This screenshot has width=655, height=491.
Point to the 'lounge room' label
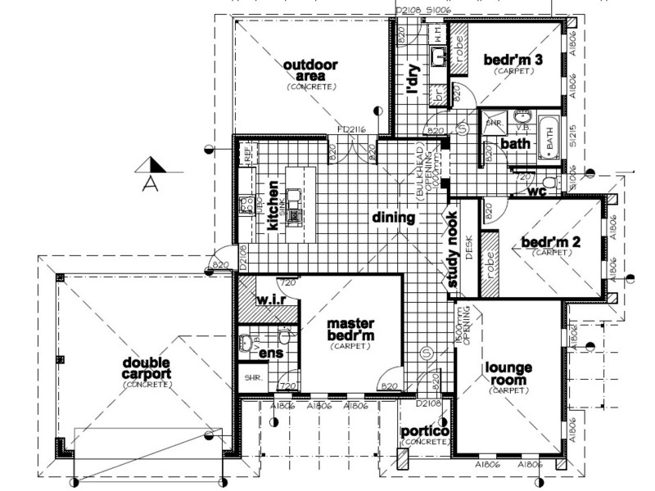509,374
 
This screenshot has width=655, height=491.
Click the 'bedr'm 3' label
513,60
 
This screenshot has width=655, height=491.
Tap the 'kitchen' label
273,209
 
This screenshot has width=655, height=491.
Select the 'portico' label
424,431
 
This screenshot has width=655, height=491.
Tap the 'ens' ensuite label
270,354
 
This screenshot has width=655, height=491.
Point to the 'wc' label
537,192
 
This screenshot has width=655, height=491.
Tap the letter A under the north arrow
150,182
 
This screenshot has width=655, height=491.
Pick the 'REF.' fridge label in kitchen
246,154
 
